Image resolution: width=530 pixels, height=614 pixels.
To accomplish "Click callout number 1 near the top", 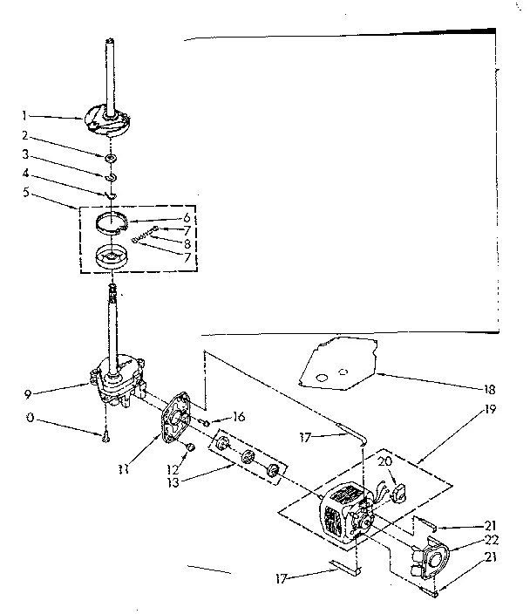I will pyautogui.click(x=26, y=114).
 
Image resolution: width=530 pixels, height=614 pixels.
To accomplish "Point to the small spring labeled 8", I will pyautogui.click(x=144, y=235).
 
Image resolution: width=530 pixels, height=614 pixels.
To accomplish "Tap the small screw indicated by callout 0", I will pyautogui.click(x=105, y=436).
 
